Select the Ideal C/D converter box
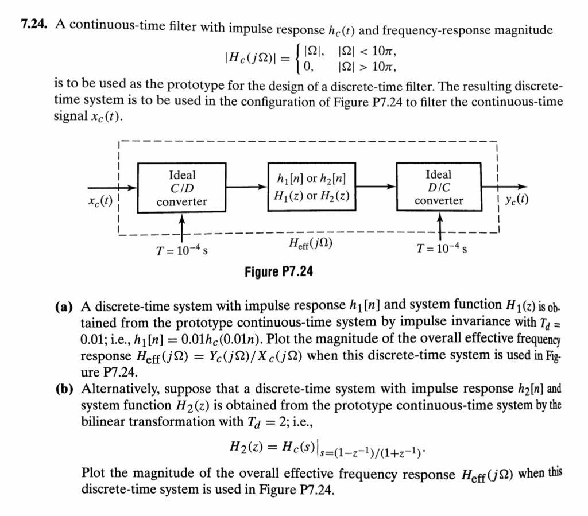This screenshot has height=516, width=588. tap(181, 188)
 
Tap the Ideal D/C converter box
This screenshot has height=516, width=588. tap(439, 188)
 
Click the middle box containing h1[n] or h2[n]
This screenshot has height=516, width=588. tap(311, 188)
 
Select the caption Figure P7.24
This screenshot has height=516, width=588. tap(278, 271)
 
